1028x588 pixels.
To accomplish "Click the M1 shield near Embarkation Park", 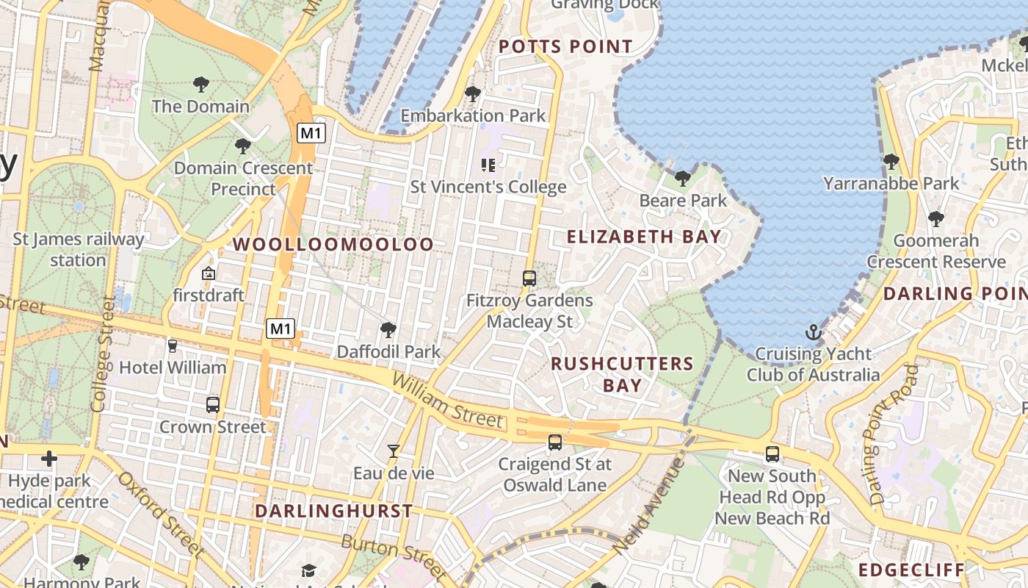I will tap(311, 133).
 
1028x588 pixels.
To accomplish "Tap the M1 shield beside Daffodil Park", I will tap(280, 329).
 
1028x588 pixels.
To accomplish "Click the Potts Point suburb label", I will tap(565, 47).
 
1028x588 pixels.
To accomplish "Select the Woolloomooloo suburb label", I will tap(333, 245).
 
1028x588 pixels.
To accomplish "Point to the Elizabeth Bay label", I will tap(644, 237).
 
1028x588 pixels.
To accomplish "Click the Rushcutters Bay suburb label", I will tap(622, 374).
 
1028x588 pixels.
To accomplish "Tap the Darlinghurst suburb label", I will tap(333, 511).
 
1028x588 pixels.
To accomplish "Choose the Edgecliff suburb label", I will tap(911, 570).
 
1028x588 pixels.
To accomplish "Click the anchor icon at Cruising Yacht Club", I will tap(813, 332).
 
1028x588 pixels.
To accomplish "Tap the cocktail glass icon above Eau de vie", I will tap(394, 451).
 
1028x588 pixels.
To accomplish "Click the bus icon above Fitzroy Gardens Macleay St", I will tap(529, 279).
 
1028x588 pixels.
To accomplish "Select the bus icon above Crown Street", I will tap(213, 404).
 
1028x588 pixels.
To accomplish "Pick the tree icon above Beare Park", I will tap(683, 178).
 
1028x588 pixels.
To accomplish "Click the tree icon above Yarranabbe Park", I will tap(891, 161).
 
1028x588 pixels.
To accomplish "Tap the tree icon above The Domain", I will tap(200, 85).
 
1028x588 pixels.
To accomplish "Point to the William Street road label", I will tap(448, 400).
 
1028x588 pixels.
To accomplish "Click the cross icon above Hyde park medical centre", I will tap(49, 459).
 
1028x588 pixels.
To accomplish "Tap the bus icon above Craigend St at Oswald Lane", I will tap(555, 442).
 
